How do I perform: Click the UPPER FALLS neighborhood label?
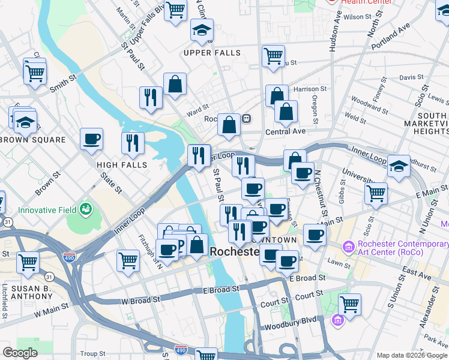coord(212,53)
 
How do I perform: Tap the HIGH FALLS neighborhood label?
coord(122,164)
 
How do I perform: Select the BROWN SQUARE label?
coord(33,140)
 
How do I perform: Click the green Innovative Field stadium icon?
coord(86,209)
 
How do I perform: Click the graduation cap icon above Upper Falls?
coord(202,29)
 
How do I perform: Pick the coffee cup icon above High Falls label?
coord(92,139)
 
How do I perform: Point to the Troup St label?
coord(92,354)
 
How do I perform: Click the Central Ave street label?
coord(286,131)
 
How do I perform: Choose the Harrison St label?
coord(310,89)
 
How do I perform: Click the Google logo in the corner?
coord(20,353)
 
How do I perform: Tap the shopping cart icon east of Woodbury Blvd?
coord(349,304)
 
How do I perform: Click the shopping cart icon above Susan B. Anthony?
coord(28,262)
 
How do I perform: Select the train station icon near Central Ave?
coord(246,119)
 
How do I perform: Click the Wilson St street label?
coord(361,17)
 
